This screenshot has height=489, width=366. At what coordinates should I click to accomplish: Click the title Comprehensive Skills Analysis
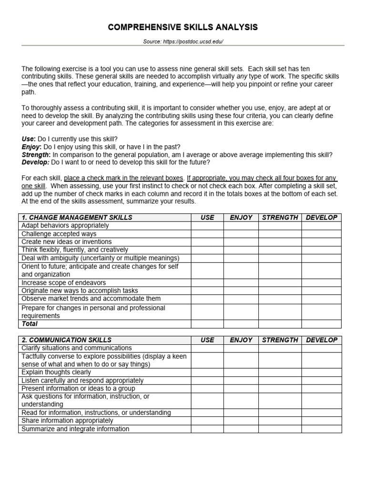[183, 28]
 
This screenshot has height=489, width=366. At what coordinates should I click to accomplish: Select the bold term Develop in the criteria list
[35, 162]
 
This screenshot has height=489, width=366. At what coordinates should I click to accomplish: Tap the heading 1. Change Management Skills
[77, 217]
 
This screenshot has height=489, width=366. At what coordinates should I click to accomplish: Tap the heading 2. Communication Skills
[67, 340]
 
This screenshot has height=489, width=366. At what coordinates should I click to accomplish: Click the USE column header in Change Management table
[207, 217]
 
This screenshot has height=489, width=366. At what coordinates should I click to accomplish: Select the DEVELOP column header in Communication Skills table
[321, 340]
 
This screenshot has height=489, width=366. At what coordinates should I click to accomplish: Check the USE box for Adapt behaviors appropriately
[207, 225]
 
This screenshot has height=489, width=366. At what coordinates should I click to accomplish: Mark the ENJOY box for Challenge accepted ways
[241, 234]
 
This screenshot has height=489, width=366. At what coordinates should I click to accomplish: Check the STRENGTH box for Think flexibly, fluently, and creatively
[280, 250]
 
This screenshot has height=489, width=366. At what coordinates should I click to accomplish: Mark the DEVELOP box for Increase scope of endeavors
[321, 283]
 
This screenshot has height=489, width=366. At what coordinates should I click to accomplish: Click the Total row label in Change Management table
[30, 324]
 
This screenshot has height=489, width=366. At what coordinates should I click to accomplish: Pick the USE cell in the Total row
[207, 324]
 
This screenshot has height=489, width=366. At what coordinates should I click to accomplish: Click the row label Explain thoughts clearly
[56, 372]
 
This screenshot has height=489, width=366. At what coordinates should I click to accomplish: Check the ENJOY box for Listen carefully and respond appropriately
[241, 380]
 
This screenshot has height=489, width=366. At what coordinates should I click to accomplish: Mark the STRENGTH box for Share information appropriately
[280, 421]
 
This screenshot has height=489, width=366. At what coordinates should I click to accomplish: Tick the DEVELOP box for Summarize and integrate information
[321, 429]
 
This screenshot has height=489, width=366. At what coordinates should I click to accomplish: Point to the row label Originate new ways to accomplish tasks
[80, 291]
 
